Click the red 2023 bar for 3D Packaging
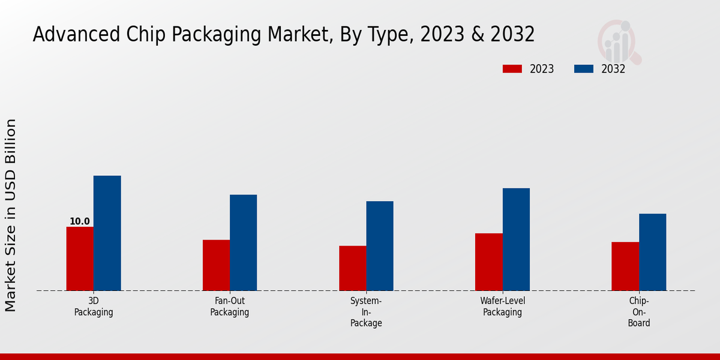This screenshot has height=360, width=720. pyautogui.click(x=80, y=259)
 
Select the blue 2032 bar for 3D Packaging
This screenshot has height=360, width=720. pyautogui.click(x=107, y=233)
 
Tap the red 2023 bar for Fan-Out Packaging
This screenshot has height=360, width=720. pyautogui.click(x=216, y=265)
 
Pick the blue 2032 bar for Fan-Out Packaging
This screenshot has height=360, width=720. pyautogui.click(x=243, y=242)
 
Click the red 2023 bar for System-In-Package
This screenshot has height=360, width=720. pyautogui.click(x=352, y=268)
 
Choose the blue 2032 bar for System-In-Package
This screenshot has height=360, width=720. pyautogui.click(x=380, y=246)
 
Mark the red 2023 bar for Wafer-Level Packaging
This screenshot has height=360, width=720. pyautogui.click(x=488, y=262)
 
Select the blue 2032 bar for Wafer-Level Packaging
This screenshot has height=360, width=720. pyautogui.click(x=516, y=239)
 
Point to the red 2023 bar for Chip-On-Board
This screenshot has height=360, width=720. pyautogui.click(x=625, y=266)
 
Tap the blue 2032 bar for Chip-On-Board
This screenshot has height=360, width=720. pyautogui.click(x=652, y=252)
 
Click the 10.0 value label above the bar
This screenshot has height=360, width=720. pyautogui.click(x=80, y=221)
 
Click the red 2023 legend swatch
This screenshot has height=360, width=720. pyautogui.click(x=512, y=69)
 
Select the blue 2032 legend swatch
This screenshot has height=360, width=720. pyautogui.click(x=583, y=69)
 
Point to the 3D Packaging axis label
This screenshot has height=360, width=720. pyautogui.click(x=94, y=307)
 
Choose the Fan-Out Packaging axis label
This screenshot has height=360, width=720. pyautogui.click(x=230, y=307)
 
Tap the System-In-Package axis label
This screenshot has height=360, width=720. pyautogui.click(x=366, y=312)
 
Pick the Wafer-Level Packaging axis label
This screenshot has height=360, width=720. pyautogui.click(x=503, y=307)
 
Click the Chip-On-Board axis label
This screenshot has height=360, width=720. pyautogui.click(x=639, y=312)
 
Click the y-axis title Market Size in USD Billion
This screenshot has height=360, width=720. pyautogui.click(x=11, y=215)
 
